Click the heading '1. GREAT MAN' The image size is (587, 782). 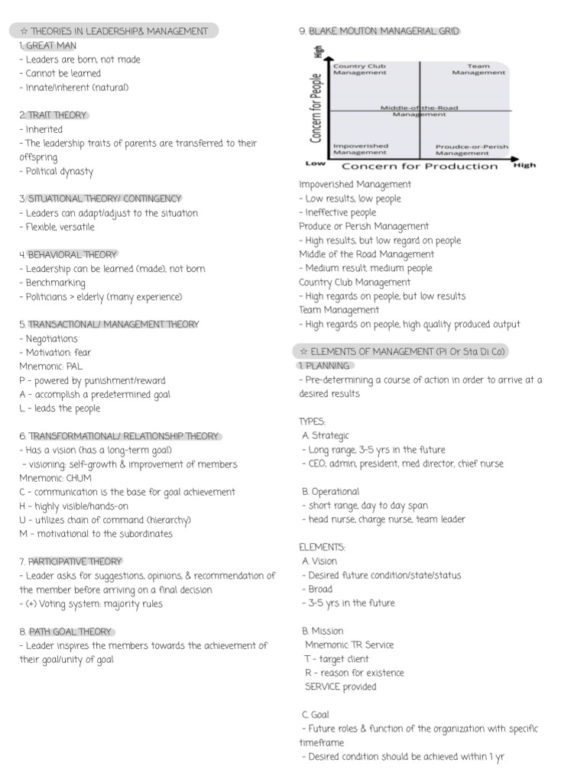pyautogui.click(x=47, y=46)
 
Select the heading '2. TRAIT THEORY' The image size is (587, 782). pyautogui.click(x=53, y=115)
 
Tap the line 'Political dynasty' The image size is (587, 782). pyautogui.click(x=56, y=171)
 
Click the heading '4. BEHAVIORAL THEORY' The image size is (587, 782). pyautogui.click(x=68, y=254)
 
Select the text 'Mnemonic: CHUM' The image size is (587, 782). pyautogui.click(x=55, y=478)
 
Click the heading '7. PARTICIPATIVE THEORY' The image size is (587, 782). pyautogui.click(x=71, y=561)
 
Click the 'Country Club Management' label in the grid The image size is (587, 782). pyautogui.click(x=359, y=69)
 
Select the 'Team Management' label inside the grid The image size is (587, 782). pyautogui.click(x=478, y=69)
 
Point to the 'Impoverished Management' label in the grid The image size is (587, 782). pyautogui.click(x=360, y=149)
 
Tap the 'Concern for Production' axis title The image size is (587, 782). pyautogui.click(x=419, y=166)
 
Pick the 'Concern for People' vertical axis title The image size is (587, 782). pyautogui.click(x=316, y=106)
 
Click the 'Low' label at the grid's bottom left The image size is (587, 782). pyautogui.click(x=316, y=163)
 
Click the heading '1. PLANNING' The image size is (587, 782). pyautogui.click(x=323, y=366)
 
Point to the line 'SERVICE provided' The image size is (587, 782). pyautogui.click(x=340, y=687)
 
